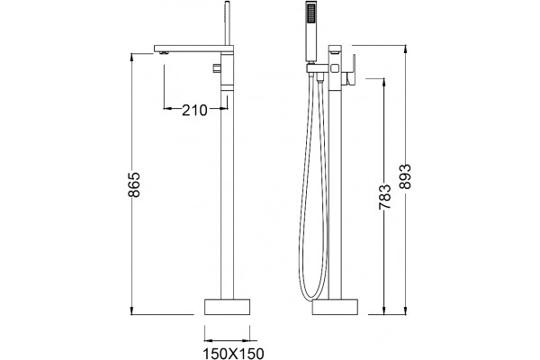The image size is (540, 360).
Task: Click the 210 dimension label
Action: pyautogui.click(x=194, y=110)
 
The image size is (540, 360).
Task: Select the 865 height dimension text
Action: pyautogui.click(x=134, y=184)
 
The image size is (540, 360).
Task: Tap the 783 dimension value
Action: pyautogui.click(x=385, y=197)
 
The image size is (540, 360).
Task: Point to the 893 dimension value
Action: pyautogui.click(x=405, y=176)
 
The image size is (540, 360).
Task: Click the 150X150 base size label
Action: pyautogui.click(x=233, y=354)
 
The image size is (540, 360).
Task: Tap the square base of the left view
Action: pyautogui.click(x=228, y=307)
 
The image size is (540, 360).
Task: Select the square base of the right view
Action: pyautogui.click(x=335, y=307)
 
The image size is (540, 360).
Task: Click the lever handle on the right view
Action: pyautogui.click(x=350, y=70)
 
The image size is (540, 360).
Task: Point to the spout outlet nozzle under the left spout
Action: pyautogui.click(x=163, y=53)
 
